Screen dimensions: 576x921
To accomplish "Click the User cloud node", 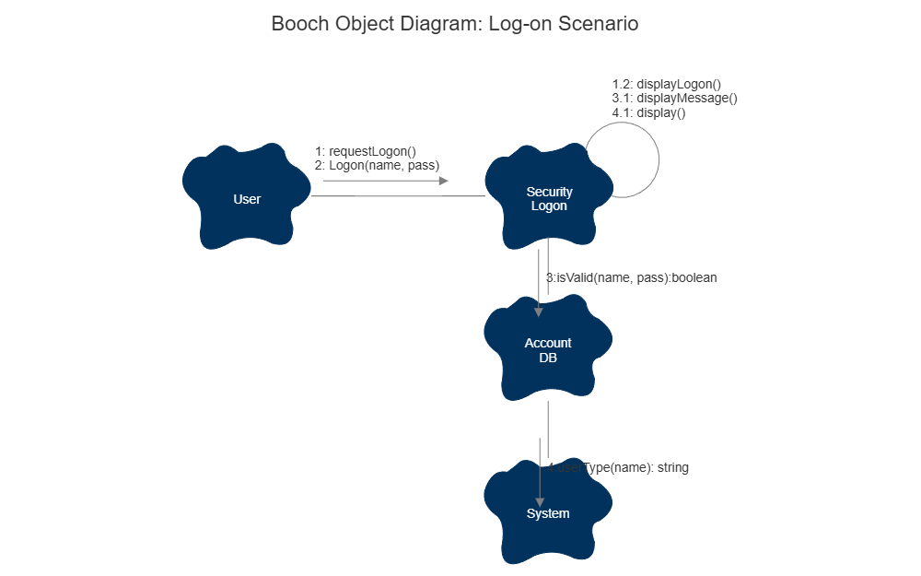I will tap(246, 198).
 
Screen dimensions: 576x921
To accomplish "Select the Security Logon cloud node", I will tap(549, 198).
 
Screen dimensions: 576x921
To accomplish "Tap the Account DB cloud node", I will tap(548, 349).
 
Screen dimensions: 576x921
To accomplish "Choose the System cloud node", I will tap(548, 513).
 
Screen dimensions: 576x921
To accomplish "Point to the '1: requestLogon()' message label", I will tap(366, 151).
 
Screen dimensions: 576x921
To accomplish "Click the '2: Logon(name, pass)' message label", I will tap(377, 165).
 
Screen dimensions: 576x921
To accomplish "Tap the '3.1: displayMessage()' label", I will tap(674, 98).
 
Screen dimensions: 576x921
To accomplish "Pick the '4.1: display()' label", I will tap(648, 112).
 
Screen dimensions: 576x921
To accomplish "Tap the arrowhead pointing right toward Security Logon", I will tap(443, 181).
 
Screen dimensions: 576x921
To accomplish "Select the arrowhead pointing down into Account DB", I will tap(539, 312).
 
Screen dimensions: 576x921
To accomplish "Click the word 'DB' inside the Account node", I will tap(548, 357).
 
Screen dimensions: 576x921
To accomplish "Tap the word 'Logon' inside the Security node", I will tap(549, 206).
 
